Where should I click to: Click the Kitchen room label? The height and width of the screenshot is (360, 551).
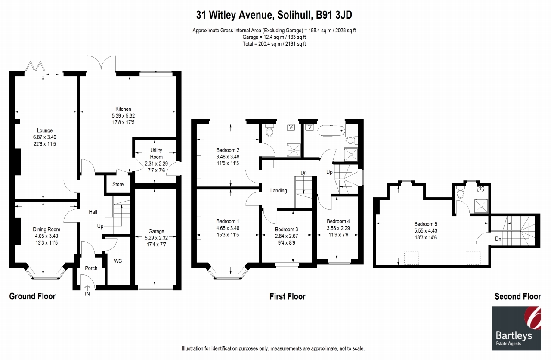tap(123, 109)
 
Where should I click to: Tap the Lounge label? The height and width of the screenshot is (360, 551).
tap(44, 130)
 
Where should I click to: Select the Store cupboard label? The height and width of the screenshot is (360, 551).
tap(118, 184)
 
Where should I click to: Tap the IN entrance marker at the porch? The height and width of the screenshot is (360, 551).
tap(87, 294)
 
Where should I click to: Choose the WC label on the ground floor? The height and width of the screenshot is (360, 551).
tap(118, 261)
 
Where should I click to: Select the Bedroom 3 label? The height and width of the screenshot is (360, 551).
tap(286, 229)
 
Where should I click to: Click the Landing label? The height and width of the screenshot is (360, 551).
tap(279, 190)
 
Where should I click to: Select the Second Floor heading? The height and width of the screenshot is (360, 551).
tap(517, 296)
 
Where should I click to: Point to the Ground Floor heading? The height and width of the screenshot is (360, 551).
tap(32, 296)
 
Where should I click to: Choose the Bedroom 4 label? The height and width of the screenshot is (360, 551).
tap(338, 221)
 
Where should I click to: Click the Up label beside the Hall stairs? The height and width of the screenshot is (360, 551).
tap(100, 226)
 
